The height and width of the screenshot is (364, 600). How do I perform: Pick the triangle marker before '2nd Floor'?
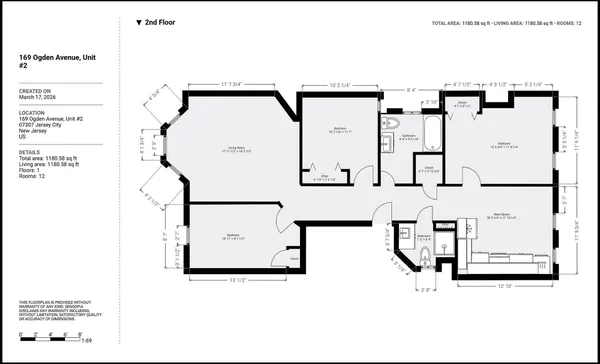pos(139,21)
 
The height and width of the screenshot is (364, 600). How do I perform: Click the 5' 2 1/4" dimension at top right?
pos(533,84)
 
